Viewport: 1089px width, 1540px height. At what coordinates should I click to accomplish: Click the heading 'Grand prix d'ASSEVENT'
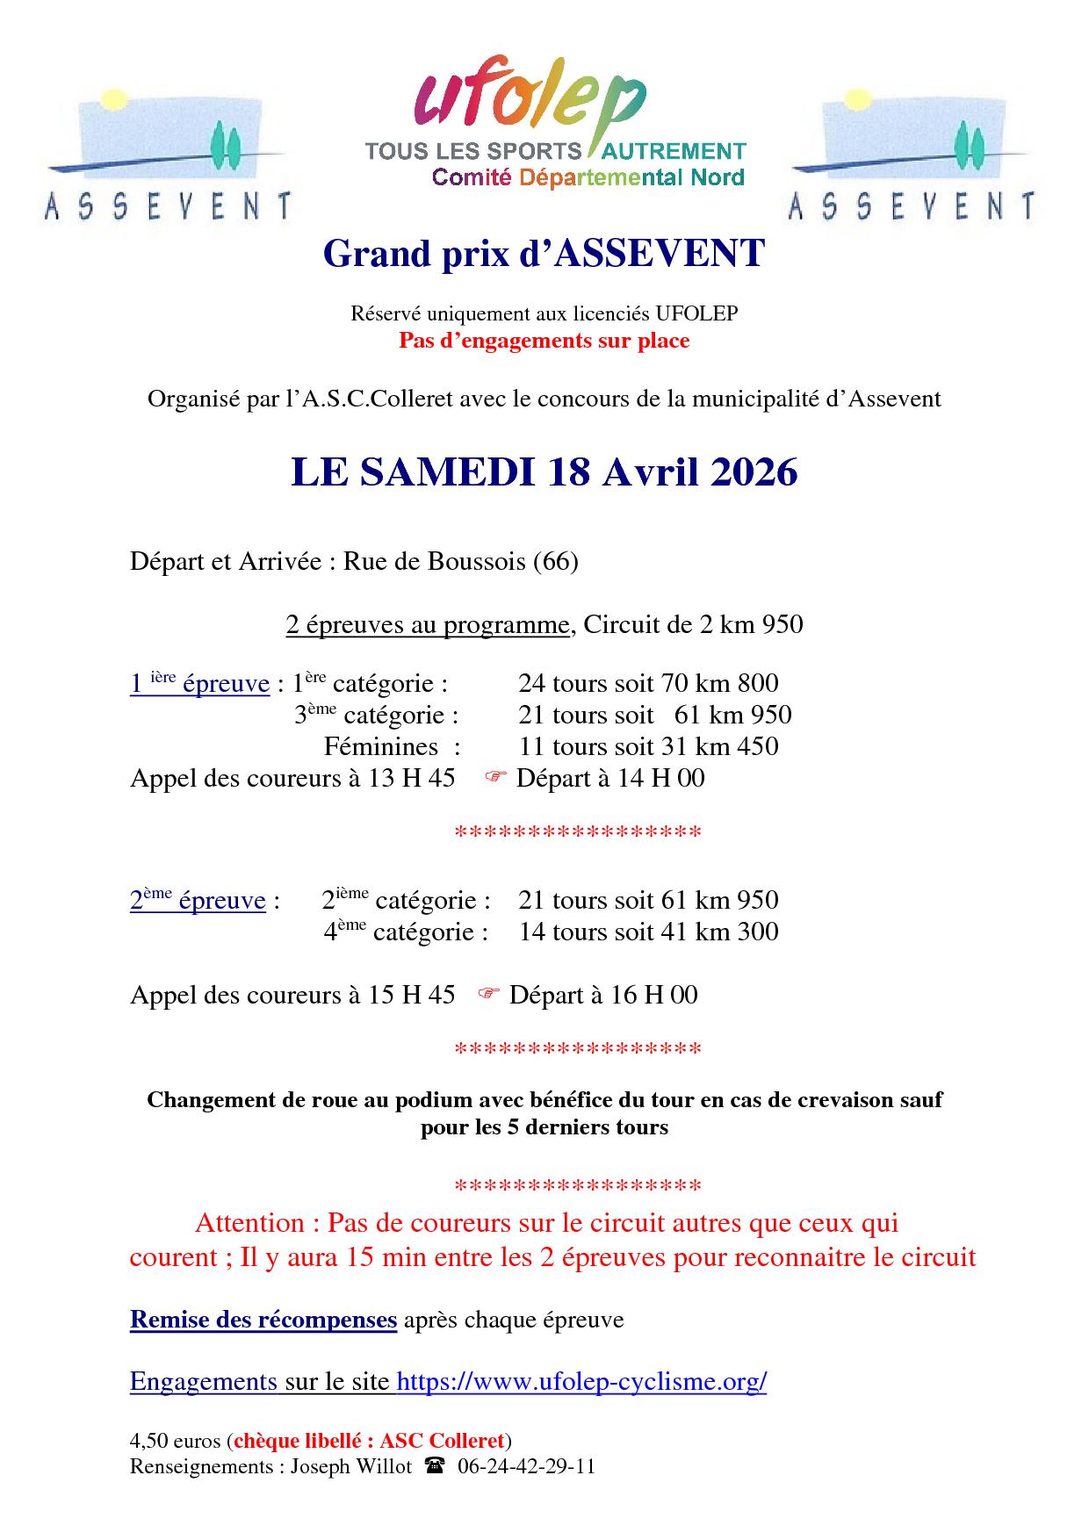(544, 254)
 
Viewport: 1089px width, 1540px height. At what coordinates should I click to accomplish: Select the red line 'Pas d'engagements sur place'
(544, 341)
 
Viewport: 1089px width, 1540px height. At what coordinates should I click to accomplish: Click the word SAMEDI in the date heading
(448, 473)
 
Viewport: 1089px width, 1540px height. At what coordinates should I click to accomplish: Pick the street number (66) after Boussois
(556, 561)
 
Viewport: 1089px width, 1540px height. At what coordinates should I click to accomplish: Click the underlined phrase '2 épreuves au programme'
(428, 624)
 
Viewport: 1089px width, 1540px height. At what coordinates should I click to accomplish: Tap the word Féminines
(381, 746)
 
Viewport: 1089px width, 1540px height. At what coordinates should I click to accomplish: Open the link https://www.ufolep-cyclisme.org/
(581, 1381)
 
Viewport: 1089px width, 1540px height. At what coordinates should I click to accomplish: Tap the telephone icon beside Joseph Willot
(435, 1465)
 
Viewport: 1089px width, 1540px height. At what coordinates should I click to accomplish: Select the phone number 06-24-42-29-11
(526, 1465)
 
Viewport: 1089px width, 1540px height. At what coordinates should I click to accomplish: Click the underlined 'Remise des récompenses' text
(263, 1320)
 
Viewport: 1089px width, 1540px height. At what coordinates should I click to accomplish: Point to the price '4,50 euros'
(177, 1441)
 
